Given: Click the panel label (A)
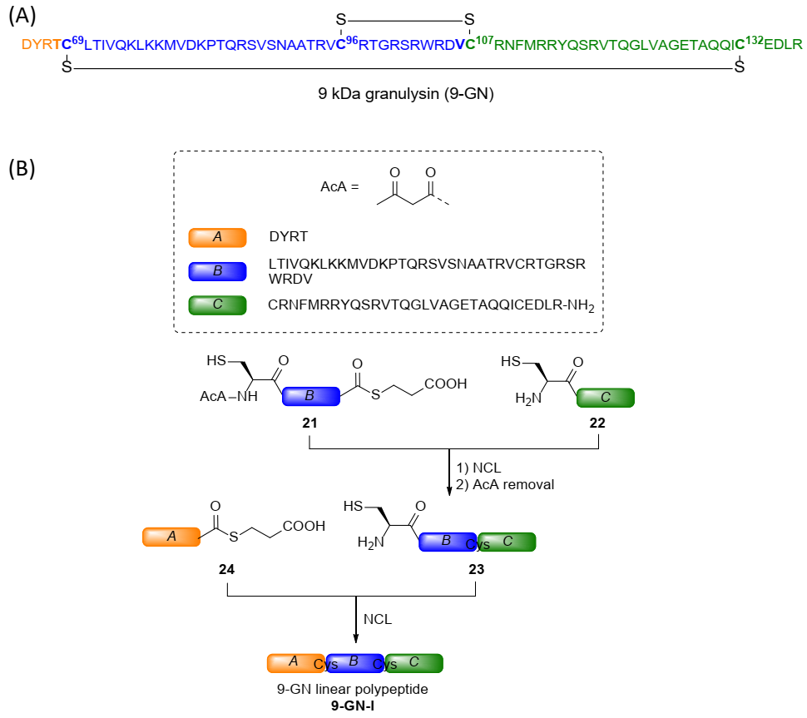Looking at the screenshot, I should pos(22,14).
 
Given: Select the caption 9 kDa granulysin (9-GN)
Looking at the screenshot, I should pos(406,95).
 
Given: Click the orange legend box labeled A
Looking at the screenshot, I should pos(217,237).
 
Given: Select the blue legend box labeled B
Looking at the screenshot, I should pos(217,271).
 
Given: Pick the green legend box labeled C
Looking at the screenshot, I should pos(217,305).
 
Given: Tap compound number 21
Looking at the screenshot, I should pos(310,422).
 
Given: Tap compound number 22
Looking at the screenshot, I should pos(598,422).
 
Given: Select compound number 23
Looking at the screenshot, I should pos(476,571).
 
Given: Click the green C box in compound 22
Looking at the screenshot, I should pos(605,398).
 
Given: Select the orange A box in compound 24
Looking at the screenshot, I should pos(171,537).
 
